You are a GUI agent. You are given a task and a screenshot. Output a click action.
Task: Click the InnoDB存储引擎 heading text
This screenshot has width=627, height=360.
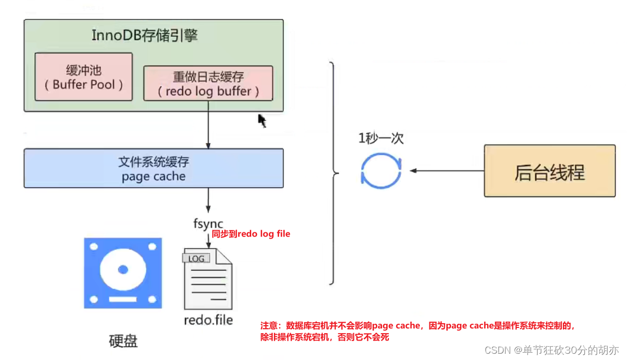pyautogui.click(x=145, y=36)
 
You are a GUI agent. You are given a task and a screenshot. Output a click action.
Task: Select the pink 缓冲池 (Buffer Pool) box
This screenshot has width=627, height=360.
pyautogui.click(x=83, y=77)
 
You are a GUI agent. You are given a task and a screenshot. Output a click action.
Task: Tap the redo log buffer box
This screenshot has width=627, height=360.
pyautogui.click(x=208, y=83)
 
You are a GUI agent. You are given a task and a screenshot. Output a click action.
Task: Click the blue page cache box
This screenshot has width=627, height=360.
pyautogui.click(x=153, y=168)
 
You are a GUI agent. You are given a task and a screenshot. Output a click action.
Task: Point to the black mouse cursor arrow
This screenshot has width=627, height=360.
pyautogui.click(x=262, y=120)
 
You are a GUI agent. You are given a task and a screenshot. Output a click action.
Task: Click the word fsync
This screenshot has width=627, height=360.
pyautogui.click(x=208, y=224)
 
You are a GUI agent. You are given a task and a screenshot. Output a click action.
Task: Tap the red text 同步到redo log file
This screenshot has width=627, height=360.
pyautogui.click(x=251, y=234)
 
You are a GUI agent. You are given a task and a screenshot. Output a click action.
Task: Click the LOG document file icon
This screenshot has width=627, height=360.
pyautogui.click(x=208, y=279)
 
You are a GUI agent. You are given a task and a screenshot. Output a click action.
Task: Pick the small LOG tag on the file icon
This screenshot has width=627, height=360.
pyautogui.click(x=196, y=258)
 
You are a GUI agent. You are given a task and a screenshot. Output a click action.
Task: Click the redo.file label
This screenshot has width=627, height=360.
pyautogui.click(x=208, y=320)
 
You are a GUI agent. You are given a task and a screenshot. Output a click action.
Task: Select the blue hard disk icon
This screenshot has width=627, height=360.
pyautogui.click(x=123, y=273)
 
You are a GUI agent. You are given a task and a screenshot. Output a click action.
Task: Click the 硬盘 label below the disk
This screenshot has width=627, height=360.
pyautogui.click(x=123, y=341)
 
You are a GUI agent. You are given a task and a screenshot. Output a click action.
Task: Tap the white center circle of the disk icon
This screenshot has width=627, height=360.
pyautogui.click(x=123, y=270)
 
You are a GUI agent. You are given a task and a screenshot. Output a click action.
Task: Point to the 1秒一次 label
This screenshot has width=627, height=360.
pyautogui.click(x=381, y=139)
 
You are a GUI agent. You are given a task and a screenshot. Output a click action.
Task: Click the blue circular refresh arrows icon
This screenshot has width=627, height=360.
pyautogui.click(x=382, y=171)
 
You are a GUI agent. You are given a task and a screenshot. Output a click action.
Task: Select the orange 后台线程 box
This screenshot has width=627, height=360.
pyautogui.click(x=549, y=171)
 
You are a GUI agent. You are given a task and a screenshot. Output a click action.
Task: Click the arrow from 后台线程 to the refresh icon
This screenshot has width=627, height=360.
pyautogui.click(x=447, y=171)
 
